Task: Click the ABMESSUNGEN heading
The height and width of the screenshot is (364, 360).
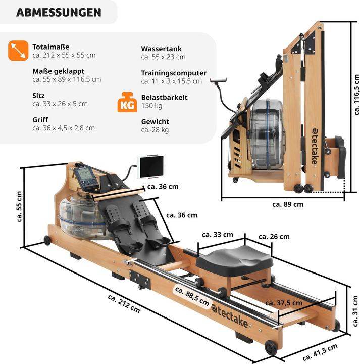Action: point(59,13)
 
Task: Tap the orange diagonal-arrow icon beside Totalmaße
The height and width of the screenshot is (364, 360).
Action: point(18,51)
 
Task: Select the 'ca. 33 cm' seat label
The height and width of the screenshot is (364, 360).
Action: point(218,235)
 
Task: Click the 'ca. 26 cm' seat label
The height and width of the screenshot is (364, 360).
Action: point(274,237)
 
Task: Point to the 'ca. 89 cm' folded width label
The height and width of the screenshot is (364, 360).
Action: point(288,204)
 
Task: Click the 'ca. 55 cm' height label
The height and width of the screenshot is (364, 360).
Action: point(19,206)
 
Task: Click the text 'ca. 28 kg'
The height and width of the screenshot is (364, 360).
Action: point(155,130)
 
